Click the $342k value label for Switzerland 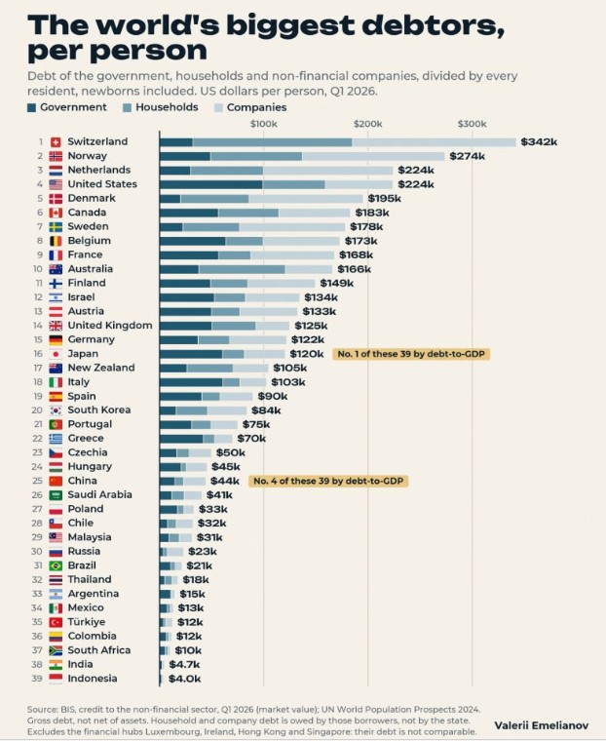539,141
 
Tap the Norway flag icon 56,156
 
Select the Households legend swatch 127,108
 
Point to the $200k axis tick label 367,124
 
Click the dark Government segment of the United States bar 211,184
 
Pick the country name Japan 83,354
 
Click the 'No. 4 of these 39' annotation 328,481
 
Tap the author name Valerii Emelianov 542,725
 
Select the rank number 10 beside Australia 38,269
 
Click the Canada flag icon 56,213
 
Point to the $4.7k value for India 184,664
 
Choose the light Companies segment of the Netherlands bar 327,170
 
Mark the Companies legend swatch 218,108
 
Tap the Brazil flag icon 56,565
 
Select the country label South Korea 99,409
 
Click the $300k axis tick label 472,124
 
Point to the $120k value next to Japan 307,354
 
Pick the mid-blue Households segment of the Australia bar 242,269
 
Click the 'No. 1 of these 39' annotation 411,354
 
